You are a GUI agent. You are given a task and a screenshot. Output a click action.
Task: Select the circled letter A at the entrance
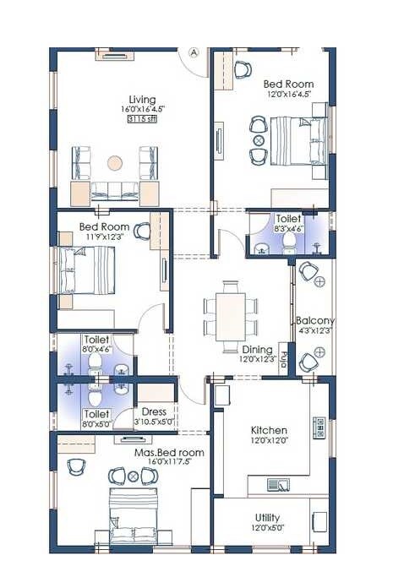tap(194, 52)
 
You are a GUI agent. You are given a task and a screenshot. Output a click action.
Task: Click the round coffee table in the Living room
tap(114, 161)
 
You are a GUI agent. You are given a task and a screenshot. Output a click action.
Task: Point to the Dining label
tap(258, 349)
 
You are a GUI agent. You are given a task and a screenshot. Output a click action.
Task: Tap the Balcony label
tap(315, 321)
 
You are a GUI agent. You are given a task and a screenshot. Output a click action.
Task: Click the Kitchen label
tap(269, 430)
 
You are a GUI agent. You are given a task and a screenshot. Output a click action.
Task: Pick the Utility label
tap(268, 517)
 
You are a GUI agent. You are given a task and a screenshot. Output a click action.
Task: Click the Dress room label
tap(154, 412)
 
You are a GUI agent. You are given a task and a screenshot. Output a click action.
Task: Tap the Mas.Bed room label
tap(169, 453)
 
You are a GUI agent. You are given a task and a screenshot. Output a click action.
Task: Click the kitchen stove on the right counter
tap(319, 427)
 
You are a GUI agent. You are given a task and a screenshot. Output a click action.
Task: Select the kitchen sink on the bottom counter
tap(278, 484)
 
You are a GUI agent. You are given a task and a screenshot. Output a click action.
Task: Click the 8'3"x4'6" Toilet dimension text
tap(289, 228)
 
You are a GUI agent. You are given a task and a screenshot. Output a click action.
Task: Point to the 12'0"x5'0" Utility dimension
tap(268, 528)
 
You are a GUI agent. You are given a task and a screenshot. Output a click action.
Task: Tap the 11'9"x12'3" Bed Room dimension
tap(105, 238)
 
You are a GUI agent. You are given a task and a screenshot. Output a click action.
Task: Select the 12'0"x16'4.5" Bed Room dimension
tap(288, 95)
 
